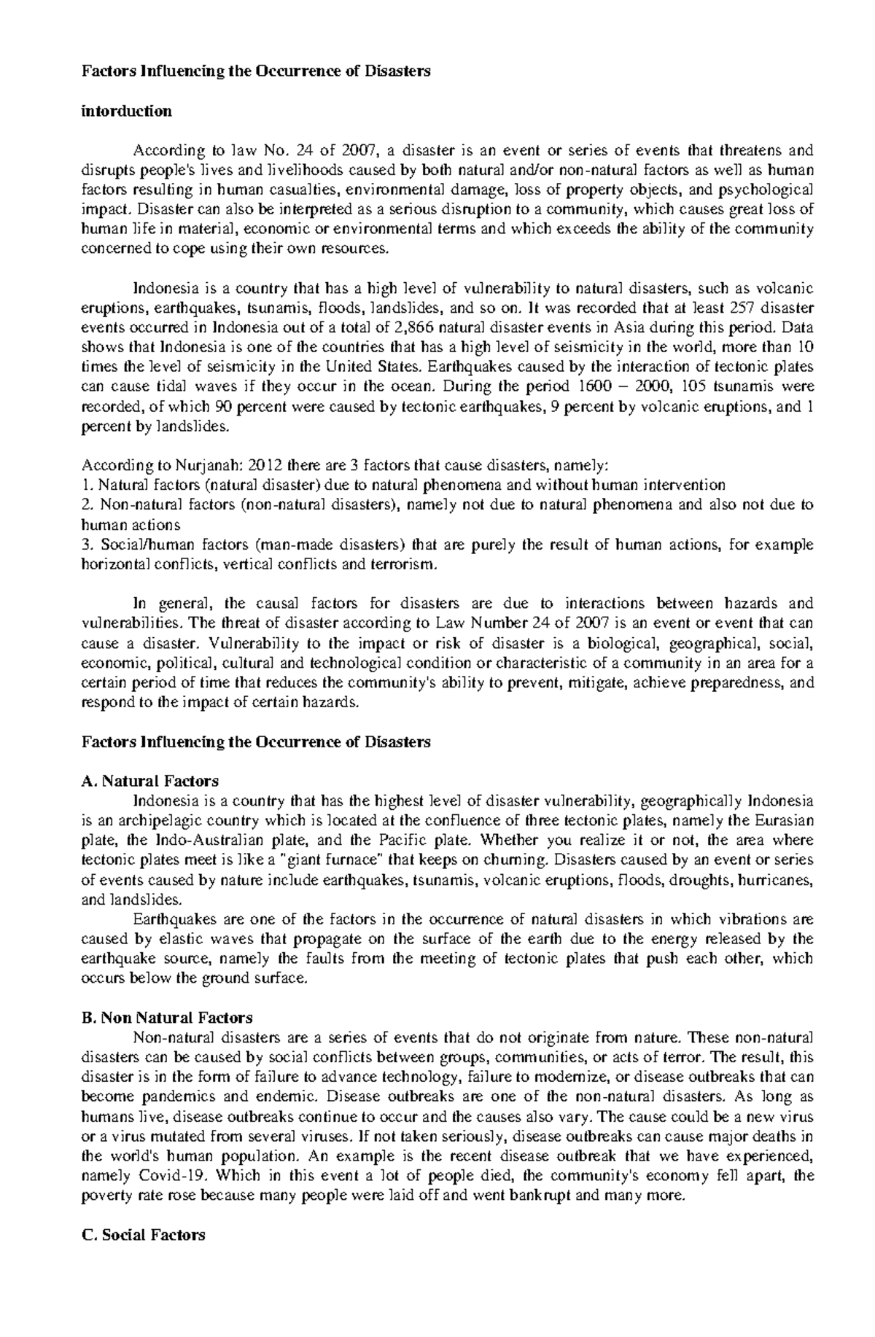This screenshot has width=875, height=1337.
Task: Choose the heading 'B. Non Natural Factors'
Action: tap(167, 1018)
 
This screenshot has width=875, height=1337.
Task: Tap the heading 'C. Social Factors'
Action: tap(144, 1235)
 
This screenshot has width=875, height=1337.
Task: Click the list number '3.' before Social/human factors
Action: tap(87, 545)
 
